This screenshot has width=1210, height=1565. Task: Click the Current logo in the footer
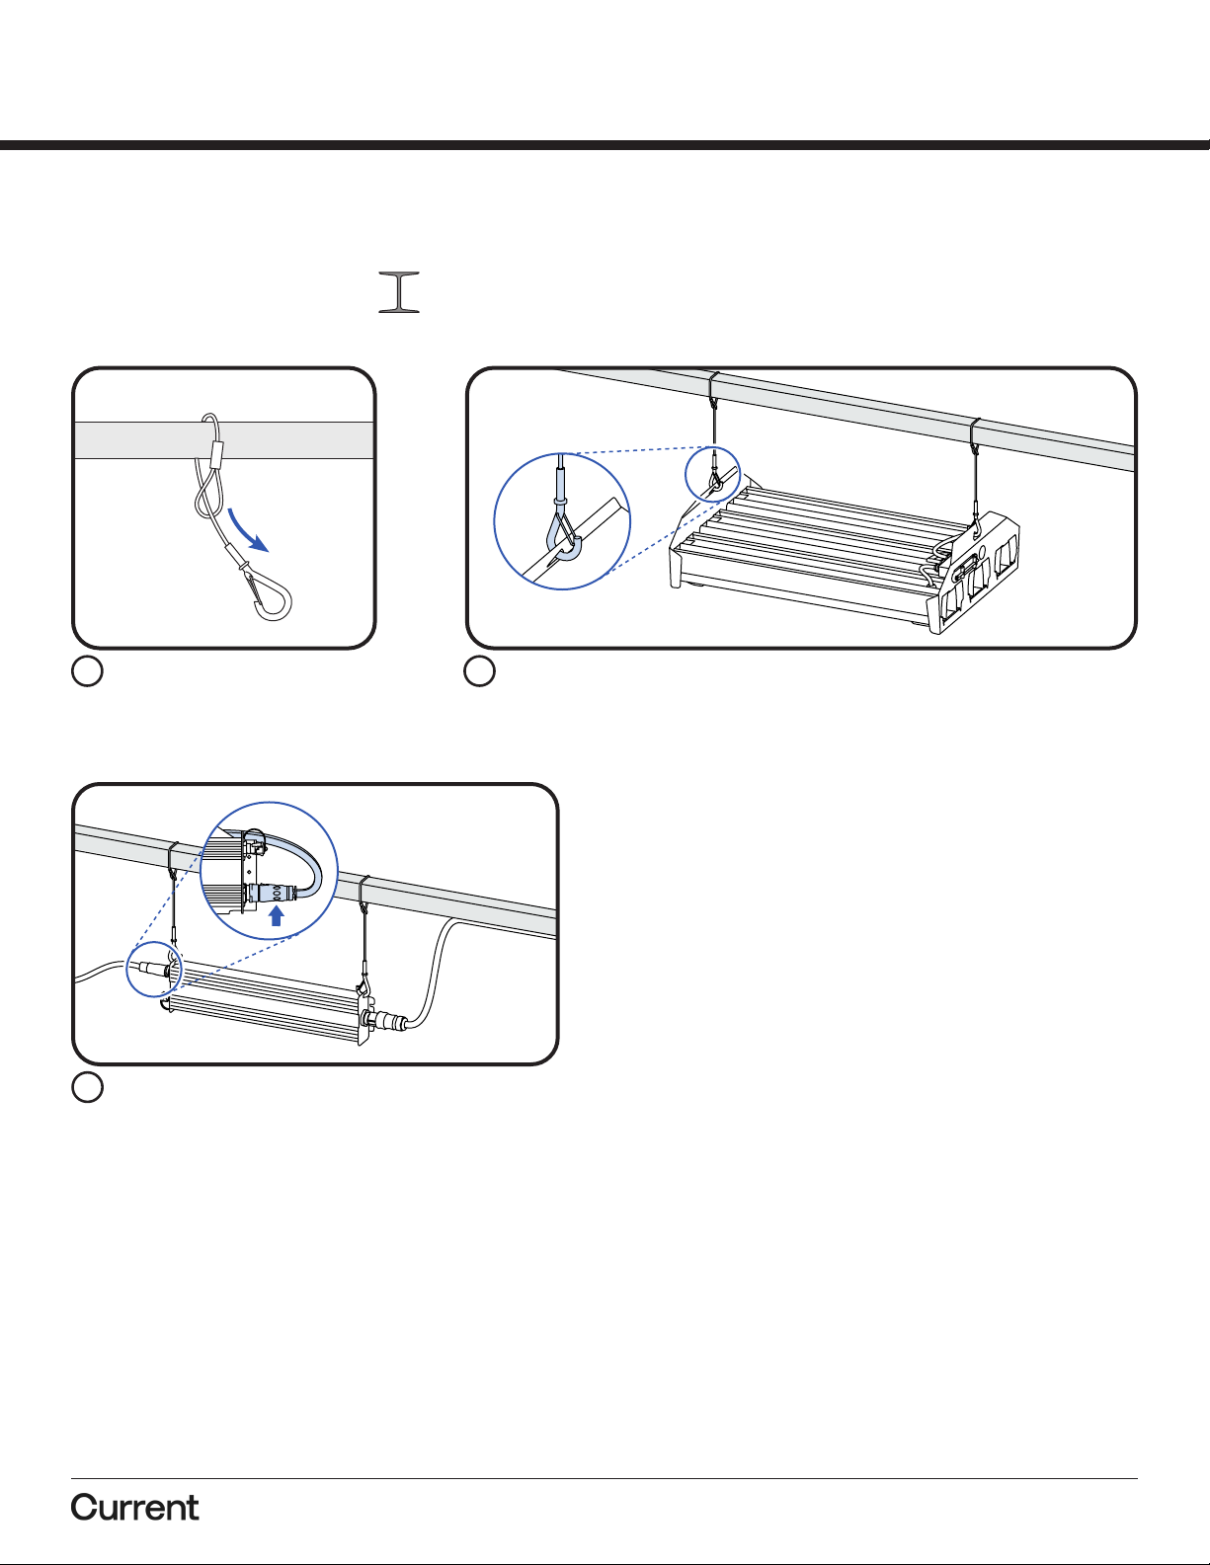[x=134, y=1508]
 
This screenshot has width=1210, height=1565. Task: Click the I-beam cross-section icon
[x=399, y=291]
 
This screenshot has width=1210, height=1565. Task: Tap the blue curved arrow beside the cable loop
[x=248, y=528]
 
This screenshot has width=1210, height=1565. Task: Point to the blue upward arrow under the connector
[x=276, y=916]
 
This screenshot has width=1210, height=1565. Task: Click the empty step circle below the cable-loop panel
[x=87, y=671]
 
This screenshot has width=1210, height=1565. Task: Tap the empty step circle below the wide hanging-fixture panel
[x=480, y=671]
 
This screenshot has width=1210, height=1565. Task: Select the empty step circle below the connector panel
[x=87, y=1087]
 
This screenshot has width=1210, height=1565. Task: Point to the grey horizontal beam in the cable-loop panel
[x=224, y=440]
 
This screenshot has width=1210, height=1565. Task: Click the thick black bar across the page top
[x=605, y=145]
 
